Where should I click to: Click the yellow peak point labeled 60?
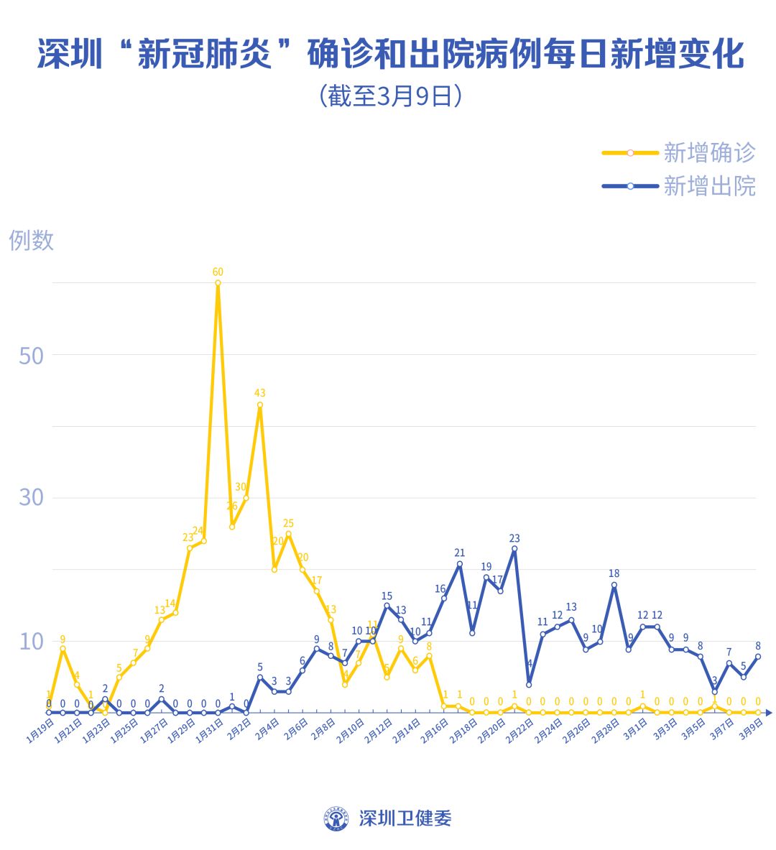pyautogui.click(x=218, y=282)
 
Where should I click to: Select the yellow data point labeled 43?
pyautogui.click(x=260, y=405)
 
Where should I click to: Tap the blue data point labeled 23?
pyautogui.click(x=514, y=548)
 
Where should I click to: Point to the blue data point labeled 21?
pyautogui.click(x=459, y=563)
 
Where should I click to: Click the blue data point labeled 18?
pyautogui.click(x=614, y=584)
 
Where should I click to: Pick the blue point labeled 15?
pyautogui.click(x=387, y=606)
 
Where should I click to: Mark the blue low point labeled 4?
pyautogui.click(x=529, y=684)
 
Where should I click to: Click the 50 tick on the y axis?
pyautogui.click(x=31, y=355)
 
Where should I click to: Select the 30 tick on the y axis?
pyautogui.click(x=31, y=497)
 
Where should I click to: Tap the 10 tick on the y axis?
pyautogui.click(x=31, y=640)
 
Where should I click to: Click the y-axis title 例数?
pyautogui.click(x=31, y=240)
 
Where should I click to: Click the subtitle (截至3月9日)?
pyautogui.click(x=389, y=96)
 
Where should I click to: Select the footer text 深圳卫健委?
pyautogui.click(x=405, y=818)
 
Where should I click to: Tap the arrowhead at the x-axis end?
pyautogui.click(x=768, y=712)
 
